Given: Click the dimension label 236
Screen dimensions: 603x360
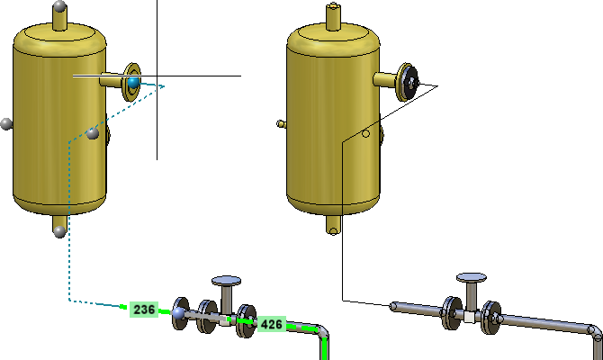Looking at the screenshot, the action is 144,310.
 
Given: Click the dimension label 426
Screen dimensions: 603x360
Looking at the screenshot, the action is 272,324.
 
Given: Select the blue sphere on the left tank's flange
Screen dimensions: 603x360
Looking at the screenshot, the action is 133,83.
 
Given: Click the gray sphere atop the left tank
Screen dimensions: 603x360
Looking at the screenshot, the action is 60,6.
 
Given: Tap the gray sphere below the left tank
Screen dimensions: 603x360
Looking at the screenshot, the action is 59,232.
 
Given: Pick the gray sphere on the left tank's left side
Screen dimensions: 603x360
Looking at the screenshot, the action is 5,124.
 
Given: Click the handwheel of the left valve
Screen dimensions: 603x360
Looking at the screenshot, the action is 227,281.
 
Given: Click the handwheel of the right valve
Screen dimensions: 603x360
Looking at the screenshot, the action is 472,278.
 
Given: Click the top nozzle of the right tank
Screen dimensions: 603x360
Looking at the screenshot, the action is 333,16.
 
